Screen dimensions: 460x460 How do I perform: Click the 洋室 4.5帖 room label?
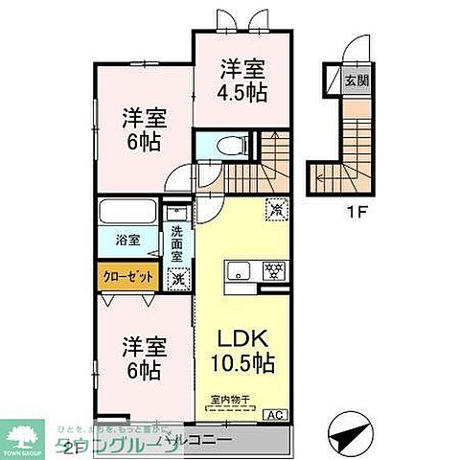(242, 80)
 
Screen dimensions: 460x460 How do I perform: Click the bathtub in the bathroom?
(127, 212)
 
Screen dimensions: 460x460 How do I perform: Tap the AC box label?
(274, 414)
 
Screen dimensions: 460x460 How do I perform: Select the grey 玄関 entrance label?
(354, 80)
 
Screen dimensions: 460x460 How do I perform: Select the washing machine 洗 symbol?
(176, 279)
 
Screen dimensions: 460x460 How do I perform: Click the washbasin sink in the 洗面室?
(174, 216)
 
